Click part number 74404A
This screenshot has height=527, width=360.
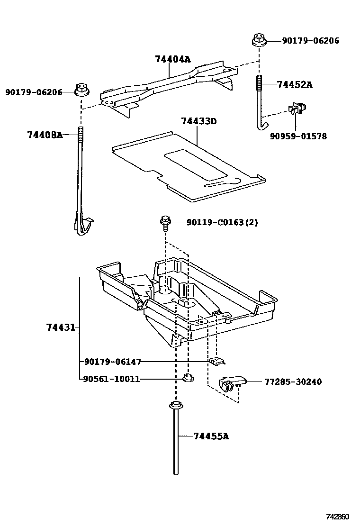172,59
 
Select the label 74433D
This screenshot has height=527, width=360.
198,121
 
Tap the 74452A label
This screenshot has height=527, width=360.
295,85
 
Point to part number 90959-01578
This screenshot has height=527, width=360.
298,136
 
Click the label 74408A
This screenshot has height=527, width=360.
45,135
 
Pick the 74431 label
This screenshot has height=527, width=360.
61,327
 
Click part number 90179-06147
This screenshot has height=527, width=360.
112,362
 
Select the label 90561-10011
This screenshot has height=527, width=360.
111,379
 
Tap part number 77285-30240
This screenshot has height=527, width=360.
293,382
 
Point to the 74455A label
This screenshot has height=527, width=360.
211,436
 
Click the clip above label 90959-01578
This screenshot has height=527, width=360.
296,109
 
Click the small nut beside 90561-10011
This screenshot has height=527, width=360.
187,378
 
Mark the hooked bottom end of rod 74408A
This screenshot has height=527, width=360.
83,226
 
